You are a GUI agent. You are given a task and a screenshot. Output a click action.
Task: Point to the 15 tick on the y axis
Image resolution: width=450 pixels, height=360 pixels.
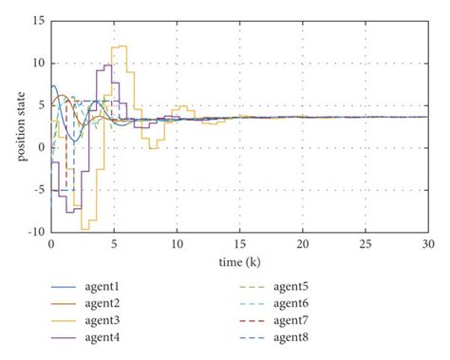tap(37, 21)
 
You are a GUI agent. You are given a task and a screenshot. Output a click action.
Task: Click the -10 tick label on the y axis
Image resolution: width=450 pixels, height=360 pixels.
tap(35, 231)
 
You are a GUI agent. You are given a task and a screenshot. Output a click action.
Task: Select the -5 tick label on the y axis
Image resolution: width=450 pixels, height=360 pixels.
tap(38, 189)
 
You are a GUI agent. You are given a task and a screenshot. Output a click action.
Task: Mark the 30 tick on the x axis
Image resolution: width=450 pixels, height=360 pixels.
tap(425, 244)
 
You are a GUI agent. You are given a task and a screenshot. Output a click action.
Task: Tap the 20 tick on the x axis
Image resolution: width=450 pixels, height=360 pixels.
tap(302, 244)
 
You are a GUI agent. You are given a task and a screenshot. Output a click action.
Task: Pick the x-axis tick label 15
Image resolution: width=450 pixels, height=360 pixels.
tap(239, 244)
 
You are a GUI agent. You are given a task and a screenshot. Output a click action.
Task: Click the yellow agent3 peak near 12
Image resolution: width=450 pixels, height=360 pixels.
tap(120, 47)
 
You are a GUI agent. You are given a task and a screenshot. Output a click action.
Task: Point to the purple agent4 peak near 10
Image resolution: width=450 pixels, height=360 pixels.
tap(106, 65)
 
